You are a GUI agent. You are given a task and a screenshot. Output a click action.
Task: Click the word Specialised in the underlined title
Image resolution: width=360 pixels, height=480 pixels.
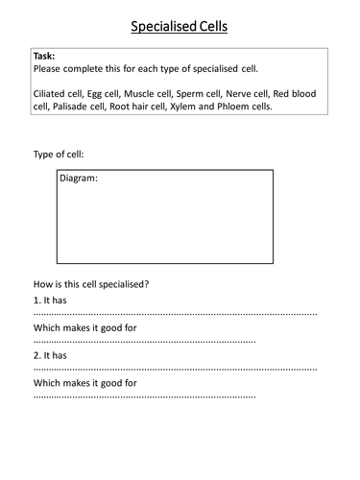158,25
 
